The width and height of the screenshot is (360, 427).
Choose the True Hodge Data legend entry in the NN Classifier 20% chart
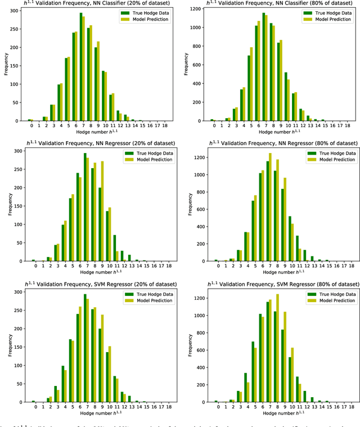pyautogui.click(x=146, y=12)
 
